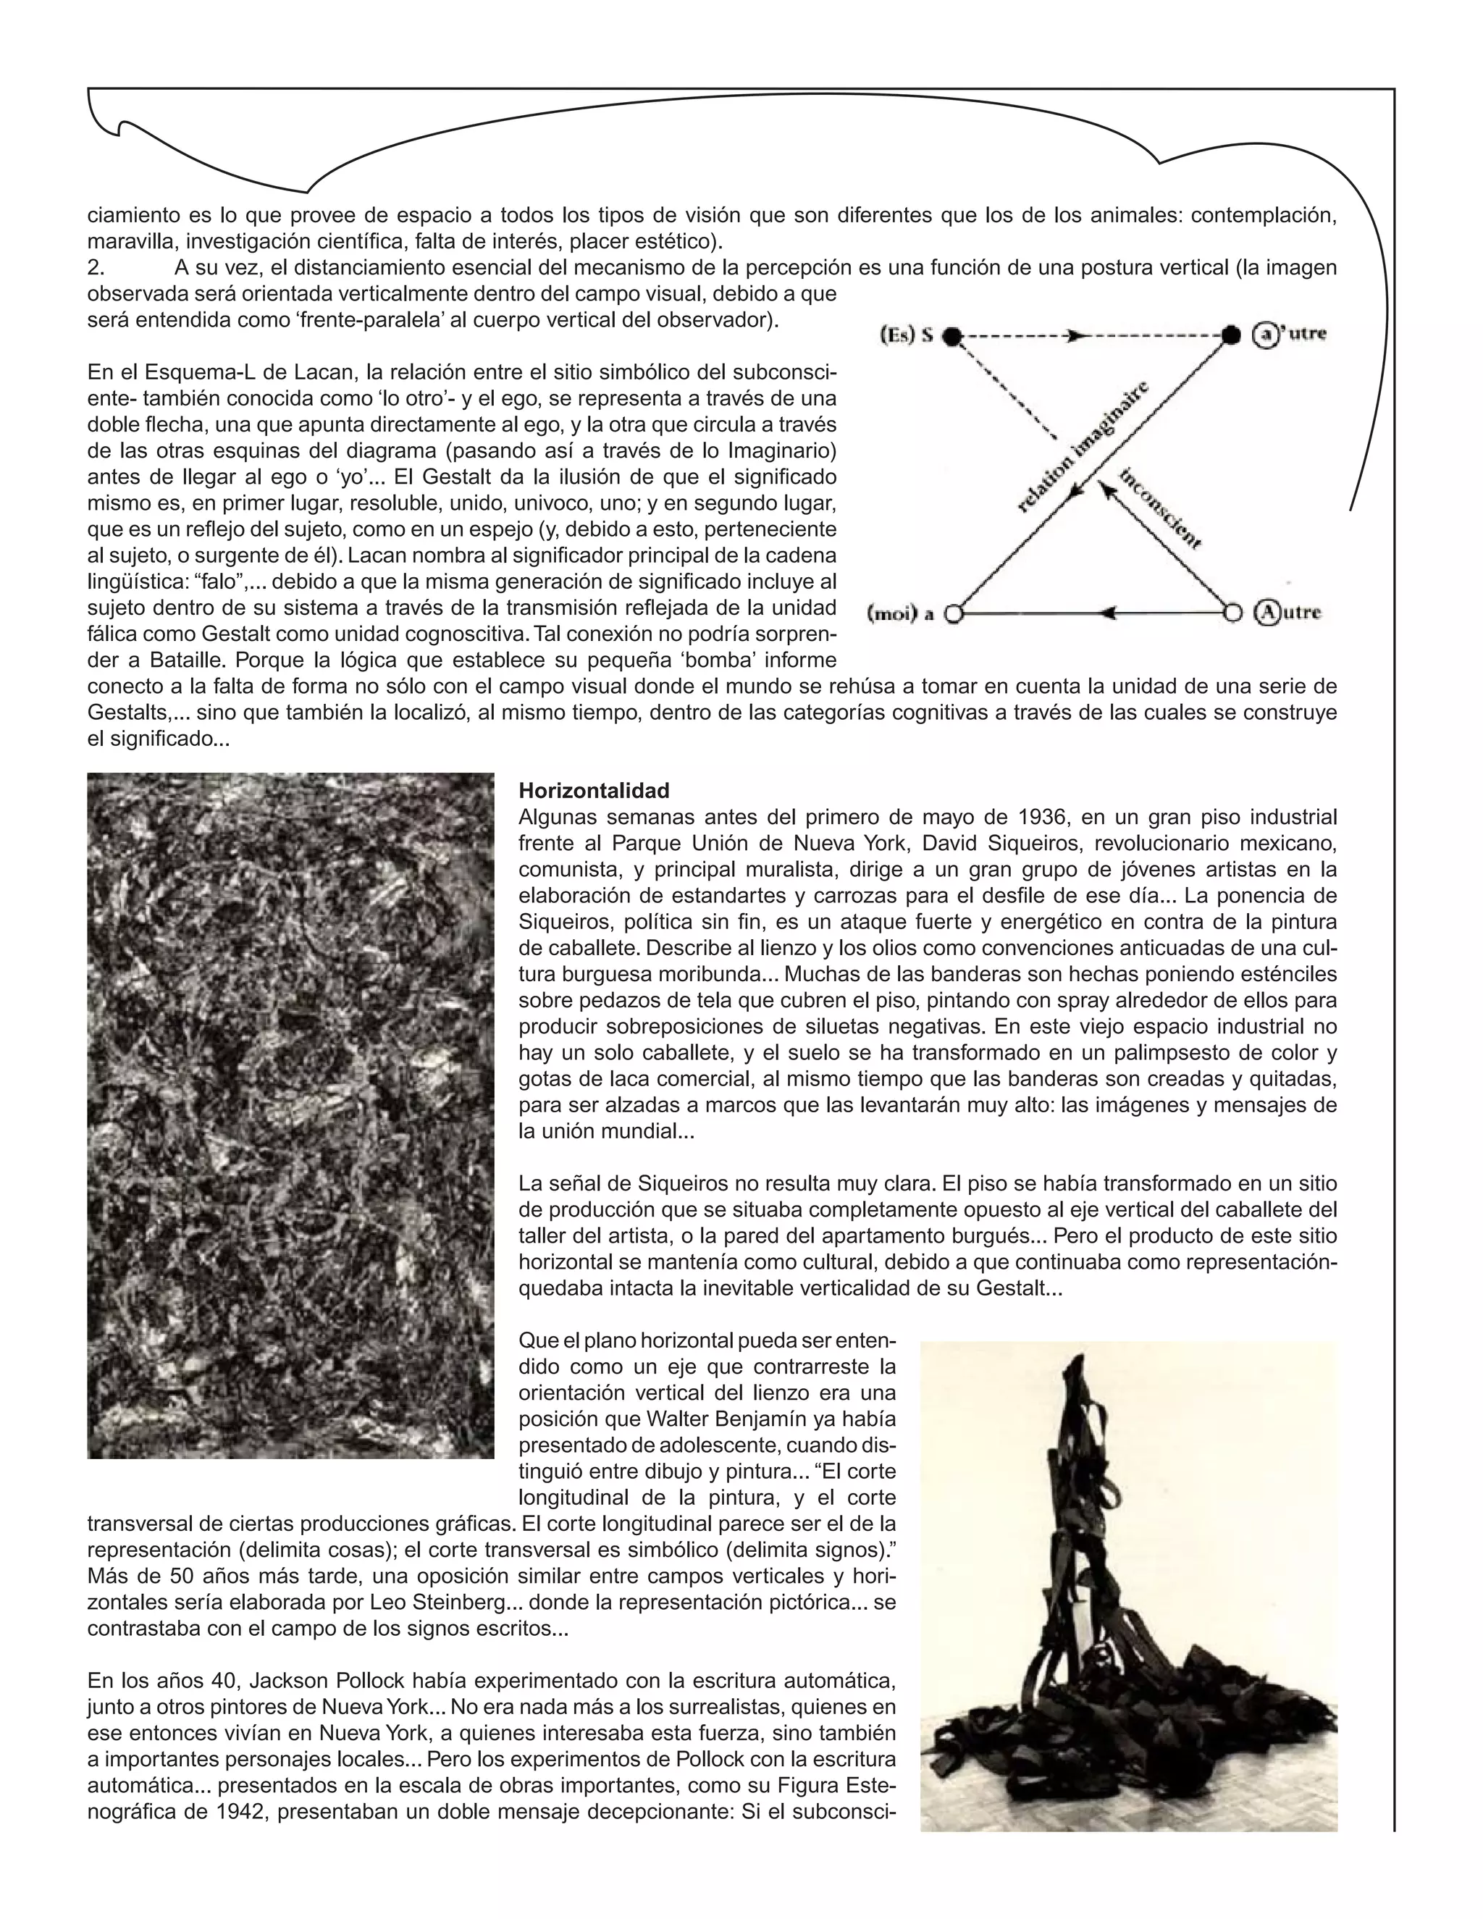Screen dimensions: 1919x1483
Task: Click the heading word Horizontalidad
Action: pos(594,790)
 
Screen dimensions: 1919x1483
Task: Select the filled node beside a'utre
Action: pos(1232,335)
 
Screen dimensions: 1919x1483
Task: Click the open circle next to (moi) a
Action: pos(952,613)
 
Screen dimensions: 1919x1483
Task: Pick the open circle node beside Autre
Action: pos(1232,613)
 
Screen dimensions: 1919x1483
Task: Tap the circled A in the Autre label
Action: pos(1265,613)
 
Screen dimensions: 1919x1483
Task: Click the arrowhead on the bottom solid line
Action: pos(1109,613)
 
